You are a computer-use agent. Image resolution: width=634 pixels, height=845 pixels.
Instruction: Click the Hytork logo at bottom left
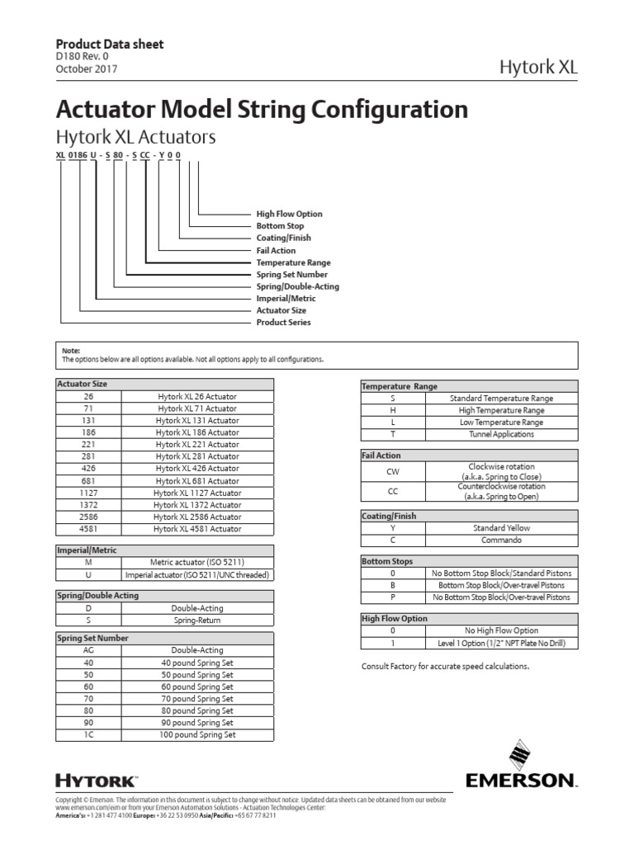(96, 780)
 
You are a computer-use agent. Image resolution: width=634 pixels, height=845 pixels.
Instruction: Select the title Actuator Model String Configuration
(261, 110)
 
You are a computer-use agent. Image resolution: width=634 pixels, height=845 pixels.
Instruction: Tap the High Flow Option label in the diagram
(289, 214)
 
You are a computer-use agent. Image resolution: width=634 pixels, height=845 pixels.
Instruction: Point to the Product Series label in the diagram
(283, 323)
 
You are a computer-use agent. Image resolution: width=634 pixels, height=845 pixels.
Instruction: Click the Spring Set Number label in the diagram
(291, 274)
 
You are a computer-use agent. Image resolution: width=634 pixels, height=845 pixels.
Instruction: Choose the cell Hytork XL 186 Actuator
(197, 432)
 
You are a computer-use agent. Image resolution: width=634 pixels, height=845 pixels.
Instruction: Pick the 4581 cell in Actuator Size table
(88, 528)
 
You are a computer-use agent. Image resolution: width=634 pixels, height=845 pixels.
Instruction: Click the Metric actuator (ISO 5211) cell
(197, 563)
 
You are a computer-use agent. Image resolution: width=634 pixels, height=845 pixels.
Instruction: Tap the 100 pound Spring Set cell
(197, 734)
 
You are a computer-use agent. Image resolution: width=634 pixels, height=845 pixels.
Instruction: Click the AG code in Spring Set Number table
(88, 649)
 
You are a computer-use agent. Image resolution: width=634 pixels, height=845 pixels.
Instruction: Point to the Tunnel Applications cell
(501, 433)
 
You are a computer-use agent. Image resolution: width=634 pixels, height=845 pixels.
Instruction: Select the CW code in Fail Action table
(392, 472)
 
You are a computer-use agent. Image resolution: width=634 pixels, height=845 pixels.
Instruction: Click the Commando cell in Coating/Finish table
(501, 540)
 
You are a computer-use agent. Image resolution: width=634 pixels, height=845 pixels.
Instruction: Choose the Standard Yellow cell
(501, 527)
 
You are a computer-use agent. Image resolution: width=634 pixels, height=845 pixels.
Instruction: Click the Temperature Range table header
(400, 385)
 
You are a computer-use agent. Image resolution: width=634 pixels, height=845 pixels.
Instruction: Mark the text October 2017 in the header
(86, 69)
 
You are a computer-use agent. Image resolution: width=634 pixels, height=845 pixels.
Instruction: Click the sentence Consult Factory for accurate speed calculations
(445, 666)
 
